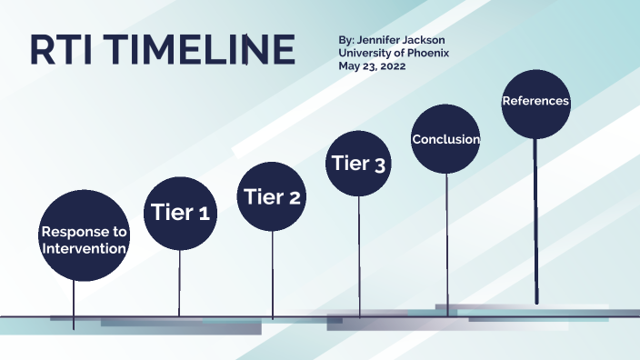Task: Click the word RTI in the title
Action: (x=64, y=49)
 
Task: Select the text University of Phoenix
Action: (x=393, y=54)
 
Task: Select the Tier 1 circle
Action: (x=179, y=214)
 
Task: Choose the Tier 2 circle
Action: (x=271, y=197)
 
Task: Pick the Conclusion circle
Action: (x=445, y=139)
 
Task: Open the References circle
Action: (x=535, y=102)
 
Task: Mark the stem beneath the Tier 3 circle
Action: (x=359, y=255)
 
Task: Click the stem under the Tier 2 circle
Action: (x=272, y=273)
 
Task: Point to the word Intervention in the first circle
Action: (x=83, y=248)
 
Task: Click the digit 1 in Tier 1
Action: (x=205, y=215)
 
